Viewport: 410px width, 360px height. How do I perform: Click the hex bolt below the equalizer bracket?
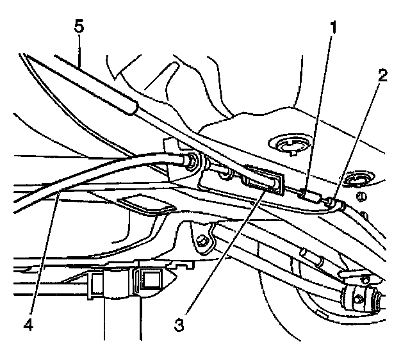[x=201, y=241]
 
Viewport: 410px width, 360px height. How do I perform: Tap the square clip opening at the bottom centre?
[x=152, y=279]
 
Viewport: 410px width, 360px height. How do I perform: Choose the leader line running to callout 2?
[x=359, y=141]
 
